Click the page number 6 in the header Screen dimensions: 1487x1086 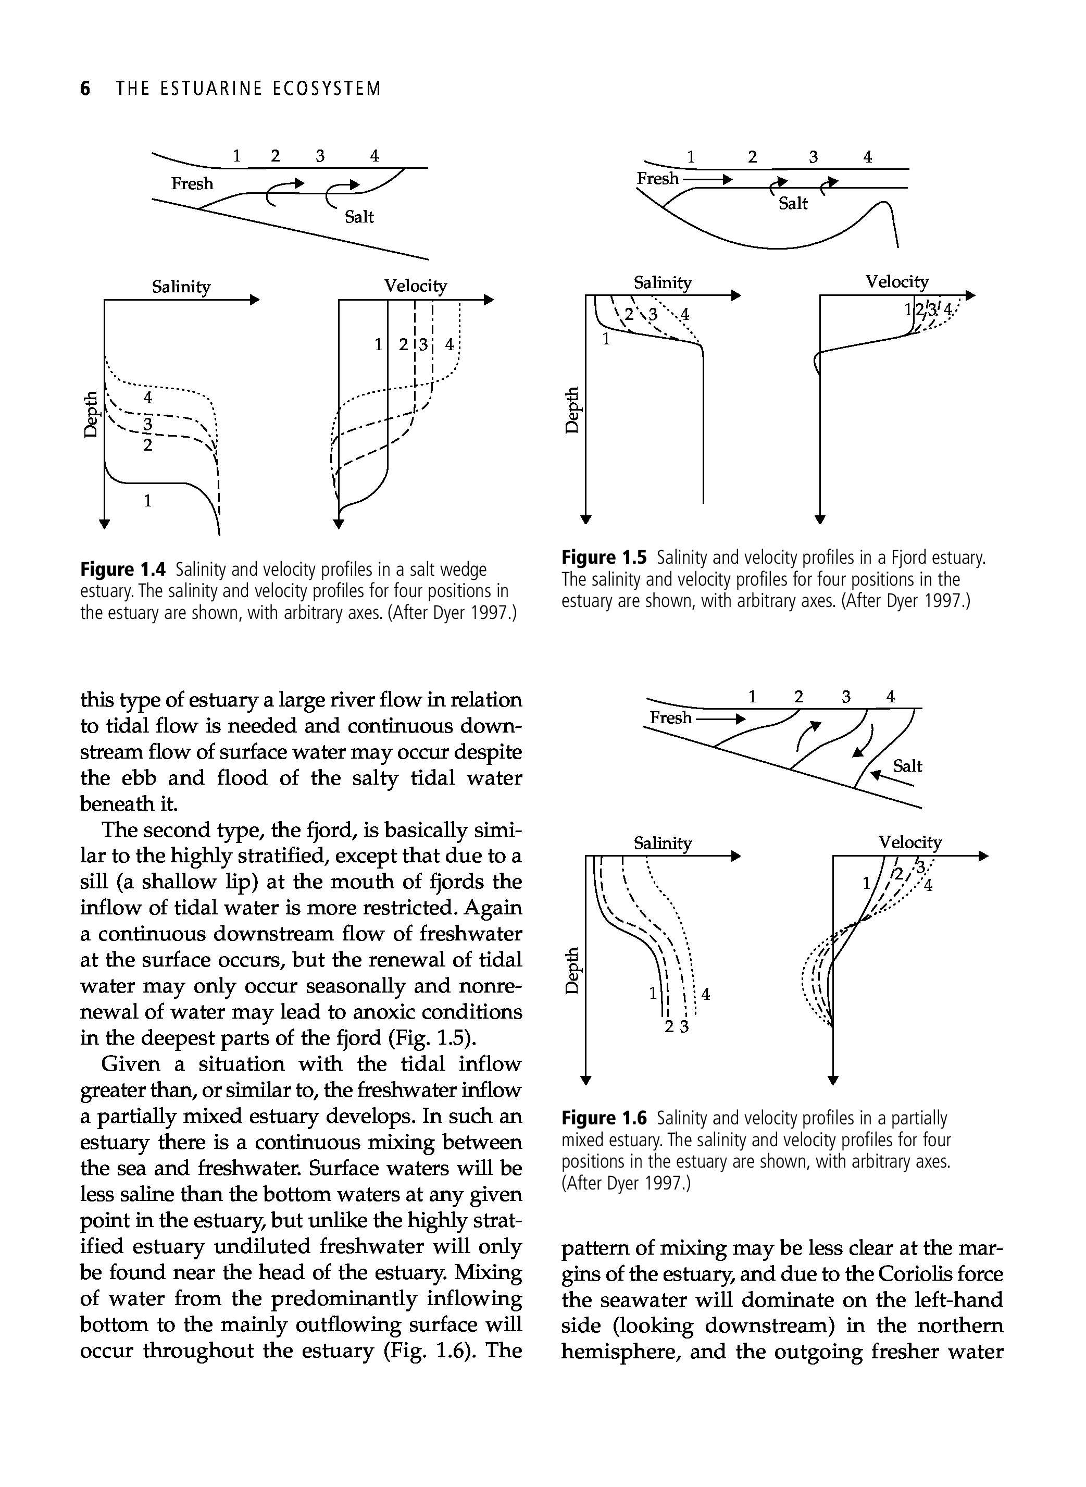pos(85,88)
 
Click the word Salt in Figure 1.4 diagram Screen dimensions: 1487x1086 pos(359,217)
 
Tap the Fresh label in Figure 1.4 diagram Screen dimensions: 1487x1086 pos(192,183)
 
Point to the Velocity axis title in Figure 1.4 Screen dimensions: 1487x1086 pos(416,286)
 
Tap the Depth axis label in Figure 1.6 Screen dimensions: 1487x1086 pos(573,971)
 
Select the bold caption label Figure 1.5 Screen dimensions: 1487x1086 pos(605,559)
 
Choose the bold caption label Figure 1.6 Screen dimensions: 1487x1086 pos(605,1118)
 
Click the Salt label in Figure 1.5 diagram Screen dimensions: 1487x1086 pos(793,204)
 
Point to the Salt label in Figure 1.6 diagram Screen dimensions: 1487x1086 pos(908,766)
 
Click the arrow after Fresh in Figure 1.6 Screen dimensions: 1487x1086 pos(721,718)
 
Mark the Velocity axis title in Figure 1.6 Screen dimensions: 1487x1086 pos(910,842)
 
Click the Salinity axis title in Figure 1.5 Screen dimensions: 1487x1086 pos(663,282)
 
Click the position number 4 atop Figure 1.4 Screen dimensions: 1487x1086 pos(374,156)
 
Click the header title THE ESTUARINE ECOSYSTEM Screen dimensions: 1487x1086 pos(248,88)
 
